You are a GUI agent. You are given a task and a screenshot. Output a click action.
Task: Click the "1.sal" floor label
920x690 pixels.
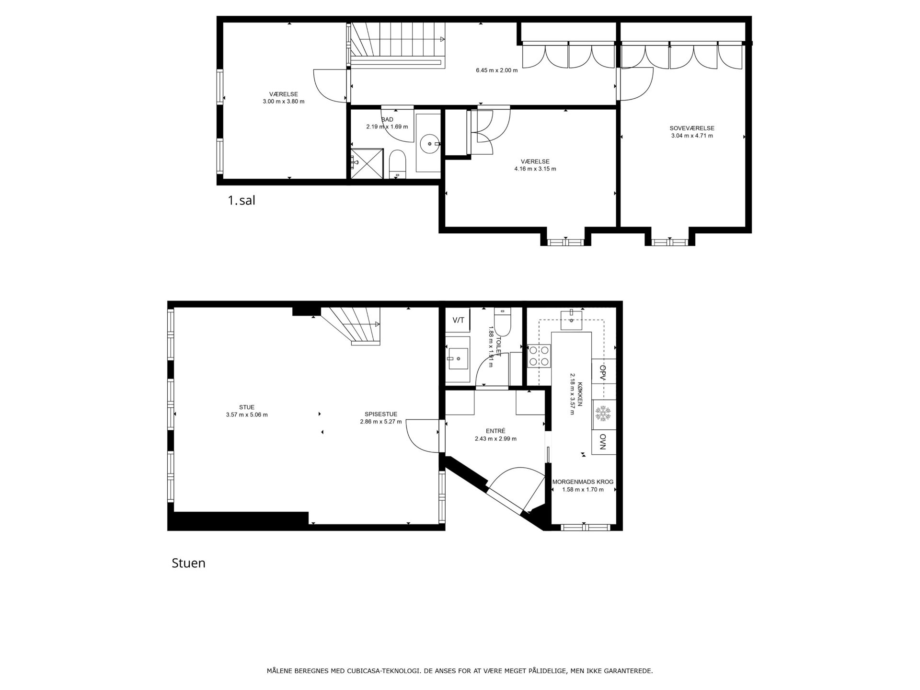coord(241,200)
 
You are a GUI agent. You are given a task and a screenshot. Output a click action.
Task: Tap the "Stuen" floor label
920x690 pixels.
coord(188,563)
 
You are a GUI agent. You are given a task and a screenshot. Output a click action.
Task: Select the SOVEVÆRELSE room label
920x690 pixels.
coord(692,128)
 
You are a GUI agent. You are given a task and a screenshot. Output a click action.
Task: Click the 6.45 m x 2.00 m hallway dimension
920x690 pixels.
coord(496,70)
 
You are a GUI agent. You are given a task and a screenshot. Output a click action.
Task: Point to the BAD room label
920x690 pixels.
coord(387,119)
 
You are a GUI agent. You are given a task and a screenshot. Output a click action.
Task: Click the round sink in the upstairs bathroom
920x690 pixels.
coord(430,143)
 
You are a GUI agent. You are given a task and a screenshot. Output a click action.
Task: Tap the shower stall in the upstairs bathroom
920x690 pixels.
coord(367,164)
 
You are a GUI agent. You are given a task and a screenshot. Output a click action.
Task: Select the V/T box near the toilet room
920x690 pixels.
coord(458,320)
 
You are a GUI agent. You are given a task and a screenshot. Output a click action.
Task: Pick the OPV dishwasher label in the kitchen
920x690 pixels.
coord(603,372)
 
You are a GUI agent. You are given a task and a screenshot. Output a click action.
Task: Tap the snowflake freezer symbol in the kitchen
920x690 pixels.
coord(603,414)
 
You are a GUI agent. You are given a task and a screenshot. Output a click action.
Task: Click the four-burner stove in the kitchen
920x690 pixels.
coord(539,356)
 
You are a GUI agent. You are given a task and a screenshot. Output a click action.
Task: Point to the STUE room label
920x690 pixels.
coord(247,407)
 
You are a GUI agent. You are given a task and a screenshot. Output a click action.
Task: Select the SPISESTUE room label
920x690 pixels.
coord(381,414)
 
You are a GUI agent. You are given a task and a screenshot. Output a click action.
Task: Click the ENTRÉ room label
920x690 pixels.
coord(495,431)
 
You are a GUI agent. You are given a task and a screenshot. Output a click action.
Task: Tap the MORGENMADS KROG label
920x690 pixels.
coord(583,482)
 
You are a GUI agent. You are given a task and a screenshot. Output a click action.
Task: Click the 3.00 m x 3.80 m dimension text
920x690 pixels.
coord(284,102)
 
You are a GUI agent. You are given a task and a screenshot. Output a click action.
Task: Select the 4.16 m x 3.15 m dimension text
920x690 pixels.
coord(535,169)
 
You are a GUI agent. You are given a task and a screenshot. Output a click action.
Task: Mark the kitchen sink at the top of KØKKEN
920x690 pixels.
coord(572,320)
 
